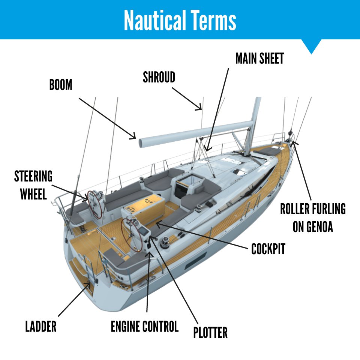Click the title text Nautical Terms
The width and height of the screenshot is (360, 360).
pyautogui.click(x=180, y=20)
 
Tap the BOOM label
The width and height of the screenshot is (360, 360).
pyautogui.click(x=60, y=85)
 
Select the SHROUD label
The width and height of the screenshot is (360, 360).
pyautogui.click(x=159, y=77)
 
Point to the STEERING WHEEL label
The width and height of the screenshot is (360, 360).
pyautogui.click(x=33, y=185)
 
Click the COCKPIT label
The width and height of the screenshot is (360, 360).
pyautogui.click(x=268, y=249)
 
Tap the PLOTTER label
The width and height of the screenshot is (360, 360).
pyautogui.click(x=210, y=332)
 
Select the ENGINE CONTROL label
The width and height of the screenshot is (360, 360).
pyautogui.click(x=144, y=326)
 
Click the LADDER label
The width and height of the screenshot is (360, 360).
pyautogui.click(x=41, y=326)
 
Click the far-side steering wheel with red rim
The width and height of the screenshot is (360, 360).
pyautogui.click(x=95, y=204)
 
